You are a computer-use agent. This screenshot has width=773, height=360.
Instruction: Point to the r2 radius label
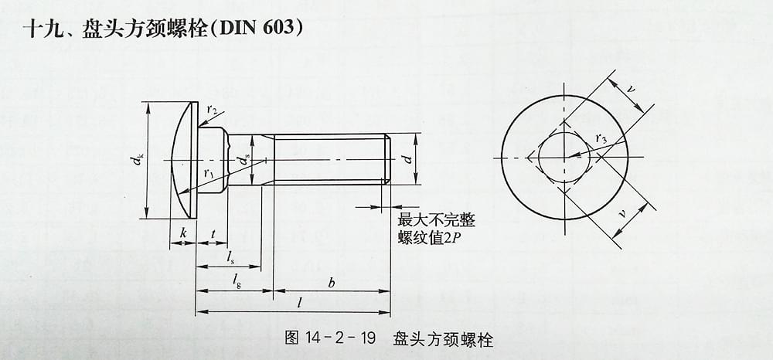click(213, 109)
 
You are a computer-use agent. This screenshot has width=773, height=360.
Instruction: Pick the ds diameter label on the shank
click(246, 160)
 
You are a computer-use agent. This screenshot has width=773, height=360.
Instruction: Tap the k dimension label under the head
click(182, 232)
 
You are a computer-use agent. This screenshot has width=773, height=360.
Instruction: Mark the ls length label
click(230, 256)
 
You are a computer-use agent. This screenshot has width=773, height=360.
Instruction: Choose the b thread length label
click(331, 283)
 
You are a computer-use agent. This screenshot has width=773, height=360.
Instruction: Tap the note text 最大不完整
click(437, 220)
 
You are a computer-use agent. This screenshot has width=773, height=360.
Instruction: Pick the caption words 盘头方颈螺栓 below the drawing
click(443, 338)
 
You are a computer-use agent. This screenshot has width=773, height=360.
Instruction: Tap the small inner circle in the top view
click(564, 158)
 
